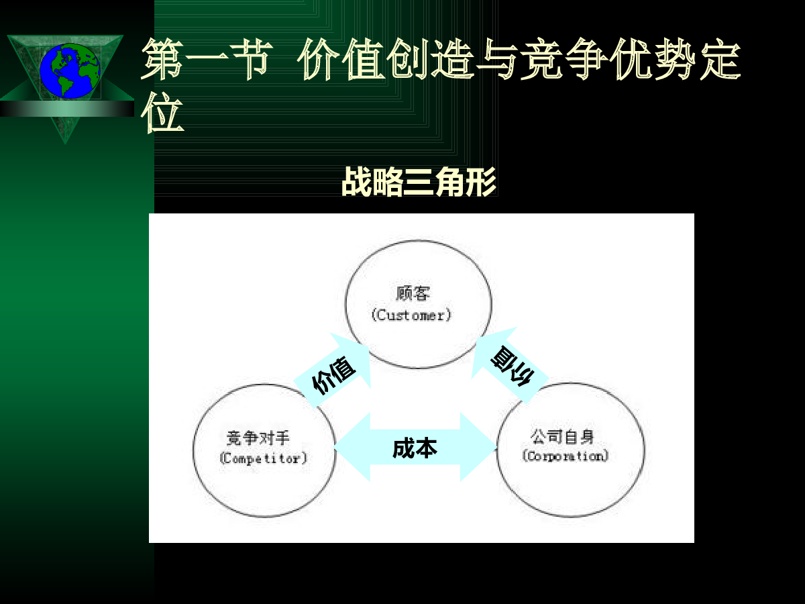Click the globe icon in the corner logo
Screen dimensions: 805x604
pos(70,70)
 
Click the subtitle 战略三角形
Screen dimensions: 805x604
pos(419,181)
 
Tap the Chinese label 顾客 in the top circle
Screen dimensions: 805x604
pos(413,293)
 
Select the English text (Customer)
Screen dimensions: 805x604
pos(411,315)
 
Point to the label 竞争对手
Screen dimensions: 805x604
pos(258,438)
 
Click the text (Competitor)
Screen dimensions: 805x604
pos(263,458)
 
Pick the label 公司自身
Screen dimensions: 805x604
pos(562,436)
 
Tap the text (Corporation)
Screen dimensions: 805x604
pos(565,456)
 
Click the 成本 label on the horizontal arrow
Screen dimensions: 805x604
pos(415,448)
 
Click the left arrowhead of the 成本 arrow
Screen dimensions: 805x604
pos(352,447)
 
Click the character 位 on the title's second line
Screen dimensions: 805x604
pos(162,112)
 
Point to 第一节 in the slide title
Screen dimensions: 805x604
pos(207,60)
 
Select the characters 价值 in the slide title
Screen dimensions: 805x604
pos(341,60)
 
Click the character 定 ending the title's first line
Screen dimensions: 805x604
pos(720,60)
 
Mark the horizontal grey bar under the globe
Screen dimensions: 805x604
pos(67,109)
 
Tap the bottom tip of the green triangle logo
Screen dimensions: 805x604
pos(65,144)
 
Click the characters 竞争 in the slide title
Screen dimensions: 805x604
pos(563,60)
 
